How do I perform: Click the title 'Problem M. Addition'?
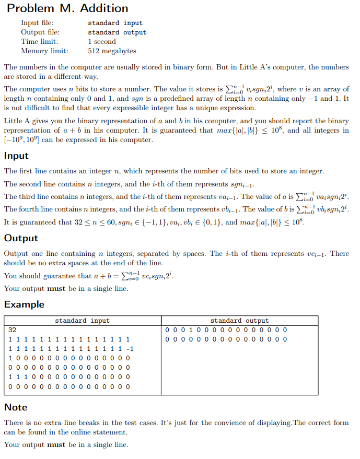(x=67, y=8)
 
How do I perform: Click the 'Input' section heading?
(x=16, y=156)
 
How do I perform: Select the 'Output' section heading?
(x=21, y=238)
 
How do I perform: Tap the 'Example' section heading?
(x=24, y=304)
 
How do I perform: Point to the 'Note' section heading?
(x=16, y=407)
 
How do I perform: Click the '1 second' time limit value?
(x=102, y=42)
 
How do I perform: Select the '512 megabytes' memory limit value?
(x=112, y=51)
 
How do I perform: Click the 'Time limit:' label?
(x=39, y=42)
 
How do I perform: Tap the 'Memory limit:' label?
(x=44, y=51)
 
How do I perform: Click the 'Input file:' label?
(x=37, y=23)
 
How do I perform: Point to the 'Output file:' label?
(x=40, y=32)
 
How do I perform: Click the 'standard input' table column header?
(x=83, y=321)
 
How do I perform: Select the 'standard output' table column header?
(x=239, y=321)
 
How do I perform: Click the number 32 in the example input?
(x=13, y=330)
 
